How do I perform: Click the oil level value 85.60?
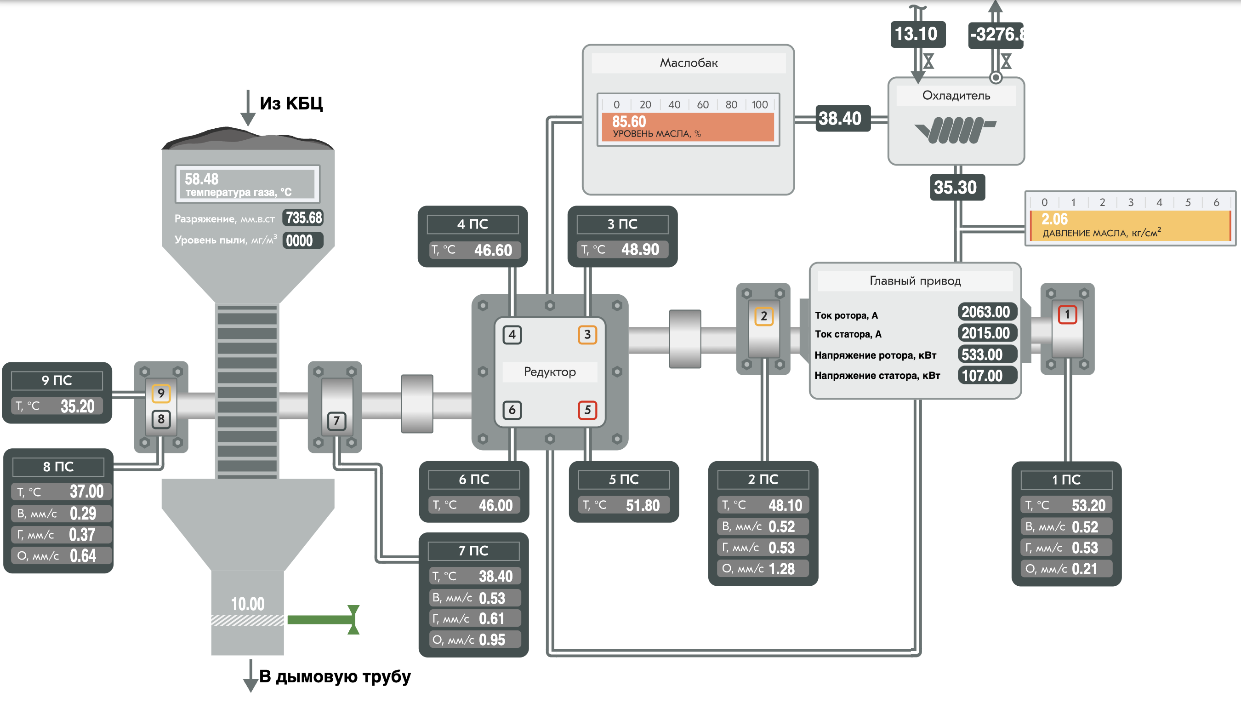629,121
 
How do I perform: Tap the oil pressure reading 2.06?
1054,219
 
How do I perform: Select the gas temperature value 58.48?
201,179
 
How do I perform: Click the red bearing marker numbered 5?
587,410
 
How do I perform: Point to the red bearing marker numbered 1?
1067,314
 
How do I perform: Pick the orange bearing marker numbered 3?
587,335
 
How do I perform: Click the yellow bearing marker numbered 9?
161,393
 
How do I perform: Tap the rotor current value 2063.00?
986,312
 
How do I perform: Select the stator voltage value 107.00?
982,376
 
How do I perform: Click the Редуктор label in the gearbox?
550,372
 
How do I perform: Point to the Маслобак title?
688,63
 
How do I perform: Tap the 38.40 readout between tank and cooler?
840,118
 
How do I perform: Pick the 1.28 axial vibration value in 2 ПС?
781,569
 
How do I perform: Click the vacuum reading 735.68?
304,217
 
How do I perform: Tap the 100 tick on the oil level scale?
759,104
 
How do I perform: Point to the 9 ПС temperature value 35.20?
77,406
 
